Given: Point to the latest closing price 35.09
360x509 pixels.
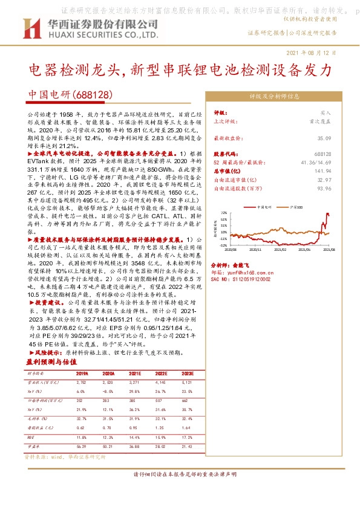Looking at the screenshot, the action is point(323,138).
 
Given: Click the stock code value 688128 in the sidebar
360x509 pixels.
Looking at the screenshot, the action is point(323,155).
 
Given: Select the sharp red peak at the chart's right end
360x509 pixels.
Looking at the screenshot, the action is point(327,215).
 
